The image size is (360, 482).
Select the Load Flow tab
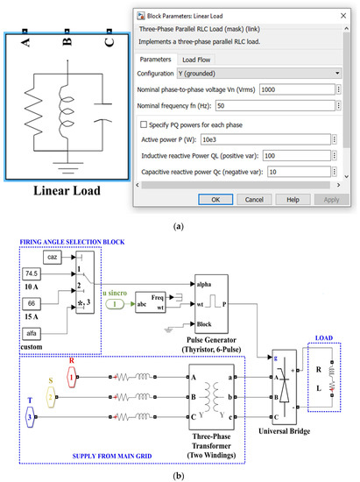202,59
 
